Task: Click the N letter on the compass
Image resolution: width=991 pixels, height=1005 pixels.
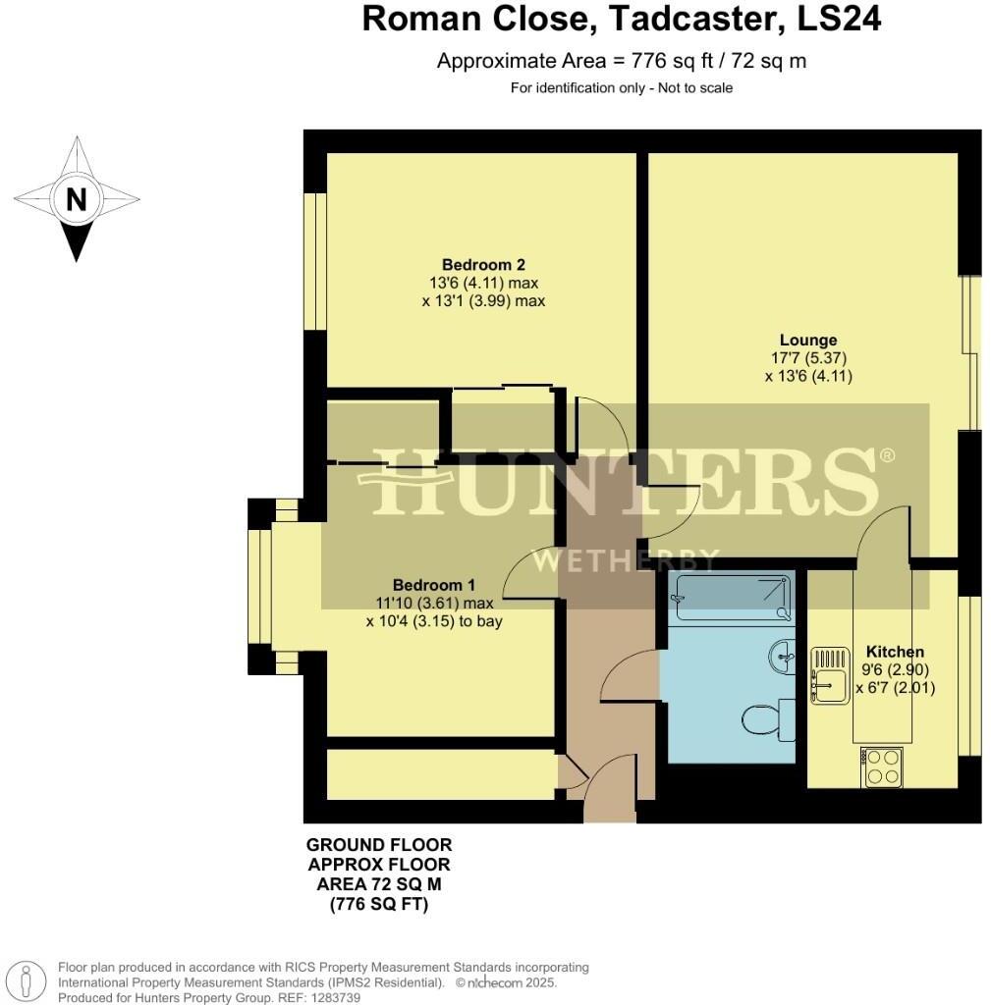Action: pos(76,200)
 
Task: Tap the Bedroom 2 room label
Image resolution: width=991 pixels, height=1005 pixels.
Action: pos(483,264)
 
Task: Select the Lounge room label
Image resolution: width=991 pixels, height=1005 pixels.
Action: pos(803,341)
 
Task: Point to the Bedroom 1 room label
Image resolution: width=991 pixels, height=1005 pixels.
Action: pos(433,585)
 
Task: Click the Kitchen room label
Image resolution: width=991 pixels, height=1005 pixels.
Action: pos(894,652)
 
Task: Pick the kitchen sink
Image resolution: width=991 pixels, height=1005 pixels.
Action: pos(827,676)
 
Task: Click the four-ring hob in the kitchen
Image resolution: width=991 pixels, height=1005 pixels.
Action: pos(882,767)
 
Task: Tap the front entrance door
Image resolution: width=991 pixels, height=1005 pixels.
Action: pos(609,793)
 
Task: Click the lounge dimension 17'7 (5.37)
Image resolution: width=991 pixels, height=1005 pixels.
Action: pos(803,358)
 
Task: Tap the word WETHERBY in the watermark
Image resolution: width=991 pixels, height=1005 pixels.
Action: pos(625,560)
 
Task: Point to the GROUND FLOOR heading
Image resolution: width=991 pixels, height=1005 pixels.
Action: pos(379,845)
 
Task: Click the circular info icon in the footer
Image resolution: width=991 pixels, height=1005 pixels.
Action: pos(33,981)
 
